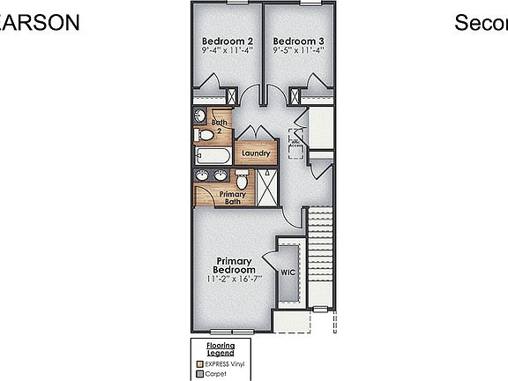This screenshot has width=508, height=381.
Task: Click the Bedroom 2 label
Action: (228, 41)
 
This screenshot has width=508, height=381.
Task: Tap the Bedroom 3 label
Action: (298, 41)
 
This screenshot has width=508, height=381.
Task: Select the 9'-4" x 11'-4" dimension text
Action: (228, 51)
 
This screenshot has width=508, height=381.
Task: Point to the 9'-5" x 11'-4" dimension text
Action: (298, 51)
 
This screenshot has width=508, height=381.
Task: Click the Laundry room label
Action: (255, 153)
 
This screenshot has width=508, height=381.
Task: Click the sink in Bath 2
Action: (200, 116)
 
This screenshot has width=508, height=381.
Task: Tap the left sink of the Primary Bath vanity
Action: (203, 176)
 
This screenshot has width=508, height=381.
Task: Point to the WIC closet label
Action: (288, 273)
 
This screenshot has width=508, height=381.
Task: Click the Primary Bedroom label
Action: (234, 265)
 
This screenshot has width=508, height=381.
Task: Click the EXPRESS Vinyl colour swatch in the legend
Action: (201, 363)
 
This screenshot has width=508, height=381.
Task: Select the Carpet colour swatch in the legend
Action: (201, 374)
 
